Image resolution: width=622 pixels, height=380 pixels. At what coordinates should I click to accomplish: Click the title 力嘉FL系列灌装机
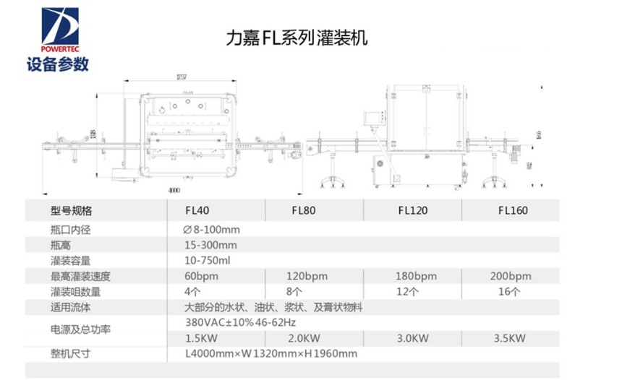(297, 36)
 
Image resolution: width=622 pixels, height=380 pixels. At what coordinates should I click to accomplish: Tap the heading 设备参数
(57, 64)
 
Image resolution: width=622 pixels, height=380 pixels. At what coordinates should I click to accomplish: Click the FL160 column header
(512, 211)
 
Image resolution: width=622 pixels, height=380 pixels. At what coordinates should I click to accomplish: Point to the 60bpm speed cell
(200, 276)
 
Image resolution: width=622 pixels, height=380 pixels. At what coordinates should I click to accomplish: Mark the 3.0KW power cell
(413, 337)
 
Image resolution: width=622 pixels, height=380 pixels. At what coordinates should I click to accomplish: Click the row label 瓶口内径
(71, 229)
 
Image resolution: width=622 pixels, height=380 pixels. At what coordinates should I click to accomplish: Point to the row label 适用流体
(71, 307)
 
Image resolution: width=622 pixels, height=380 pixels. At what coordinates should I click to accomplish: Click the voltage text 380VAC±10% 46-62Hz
(241, 322)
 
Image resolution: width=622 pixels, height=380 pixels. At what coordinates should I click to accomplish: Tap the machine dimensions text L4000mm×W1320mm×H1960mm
(271, 353)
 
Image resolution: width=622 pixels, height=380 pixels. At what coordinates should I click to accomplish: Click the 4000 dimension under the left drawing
(171, 190)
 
